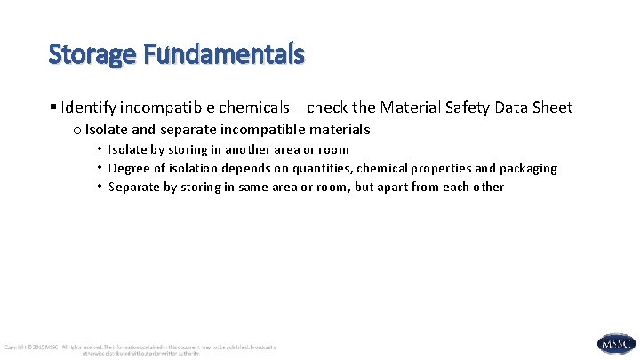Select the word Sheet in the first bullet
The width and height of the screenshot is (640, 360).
point(552,108)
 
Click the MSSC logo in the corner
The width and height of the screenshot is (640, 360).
point(616,344)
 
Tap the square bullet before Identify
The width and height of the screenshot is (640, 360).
point(54,108)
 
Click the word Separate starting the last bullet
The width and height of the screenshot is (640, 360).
point(135,187)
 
